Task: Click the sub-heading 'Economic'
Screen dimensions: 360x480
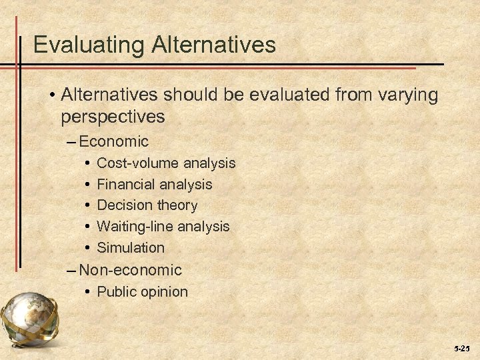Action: point(113,141)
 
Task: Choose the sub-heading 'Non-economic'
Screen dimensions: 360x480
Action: point(130,270)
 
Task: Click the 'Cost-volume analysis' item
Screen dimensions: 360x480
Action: point(166,163)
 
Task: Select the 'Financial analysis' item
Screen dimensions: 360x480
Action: point(154,184)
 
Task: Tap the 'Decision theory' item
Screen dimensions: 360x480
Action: point(147,205)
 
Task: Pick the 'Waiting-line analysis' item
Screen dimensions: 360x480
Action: point(163,227)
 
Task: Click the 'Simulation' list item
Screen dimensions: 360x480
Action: point(130,247)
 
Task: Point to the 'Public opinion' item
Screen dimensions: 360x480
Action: point(142,291)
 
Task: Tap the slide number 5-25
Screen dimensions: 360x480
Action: point(462,348)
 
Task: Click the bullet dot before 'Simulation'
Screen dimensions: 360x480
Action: point(88,248)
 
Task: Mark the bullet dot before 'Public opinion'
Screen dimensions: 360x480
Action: point(88,292)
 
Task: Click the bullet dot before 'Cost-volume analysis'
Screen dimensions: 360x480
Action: point(88,163)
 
